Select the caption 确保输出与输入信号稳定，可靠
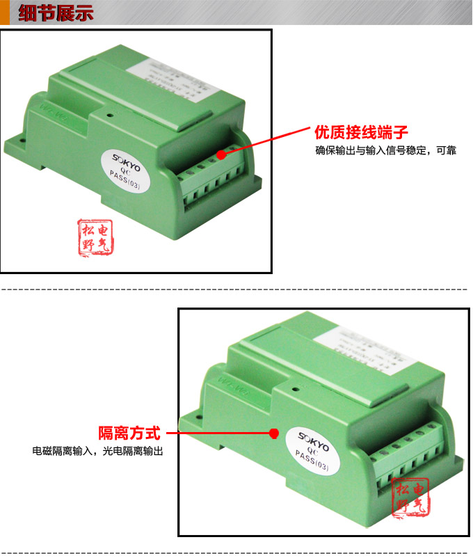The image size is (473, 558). pyautogui.click(x=385, y=150)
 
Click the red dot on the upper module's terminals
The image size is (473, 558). pyautogui.click(x=221, y=154)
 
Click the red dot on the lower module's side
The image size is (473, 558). pyautogui.click(x=274, y=433)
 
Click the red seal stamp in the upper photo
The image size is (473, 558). pyautogui.click(x=95, y=237)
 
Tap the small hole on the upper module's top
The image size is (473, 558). pyautogui.click(x=109, y=109)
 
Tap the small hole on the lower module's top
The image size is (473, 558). pyautogui.click(x=296, y=392)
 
